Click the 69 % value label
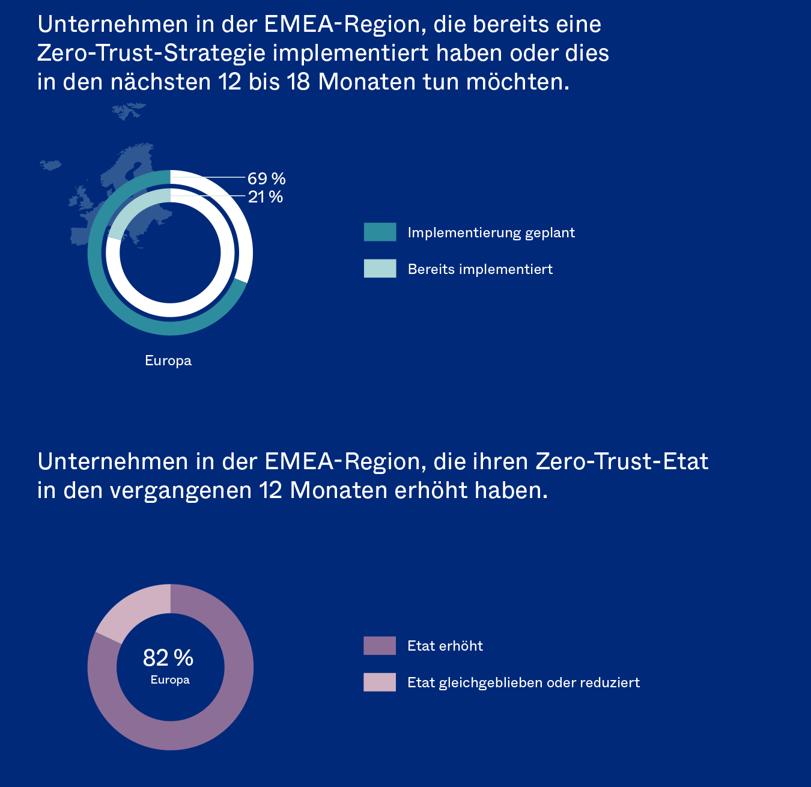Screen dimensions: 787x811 [266, 178]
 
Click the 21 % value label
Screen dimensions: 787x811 [265, 197]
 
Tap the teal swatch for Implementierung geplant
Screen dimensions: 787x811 [380, 232]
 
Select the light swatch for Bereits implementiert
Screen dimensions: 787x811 [380, 269]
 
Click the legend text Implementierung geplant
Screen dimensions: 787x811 [491, 232]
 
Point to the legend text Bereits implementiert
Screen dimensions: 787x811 [480, 269]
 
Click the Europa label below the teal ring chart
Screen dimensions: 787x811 [168, 360]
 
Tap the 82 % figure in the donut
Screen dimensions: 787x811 [168, 658]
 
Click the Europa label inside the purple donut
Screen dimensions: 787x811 [170, 680]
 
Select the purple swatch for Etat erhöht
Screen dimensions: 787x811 [380, 646]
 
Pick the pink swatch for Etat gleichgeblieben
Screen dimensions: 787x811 [380, 682]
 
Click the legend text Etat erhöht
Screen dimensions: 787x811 [445, 646]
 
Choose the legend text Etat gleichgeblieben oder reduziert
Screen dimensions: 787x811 [523, 682]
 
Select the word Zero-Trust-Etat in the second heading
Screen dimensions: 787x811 [622, 461]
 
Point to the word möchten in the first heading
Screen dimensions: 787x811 [517, 82]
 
